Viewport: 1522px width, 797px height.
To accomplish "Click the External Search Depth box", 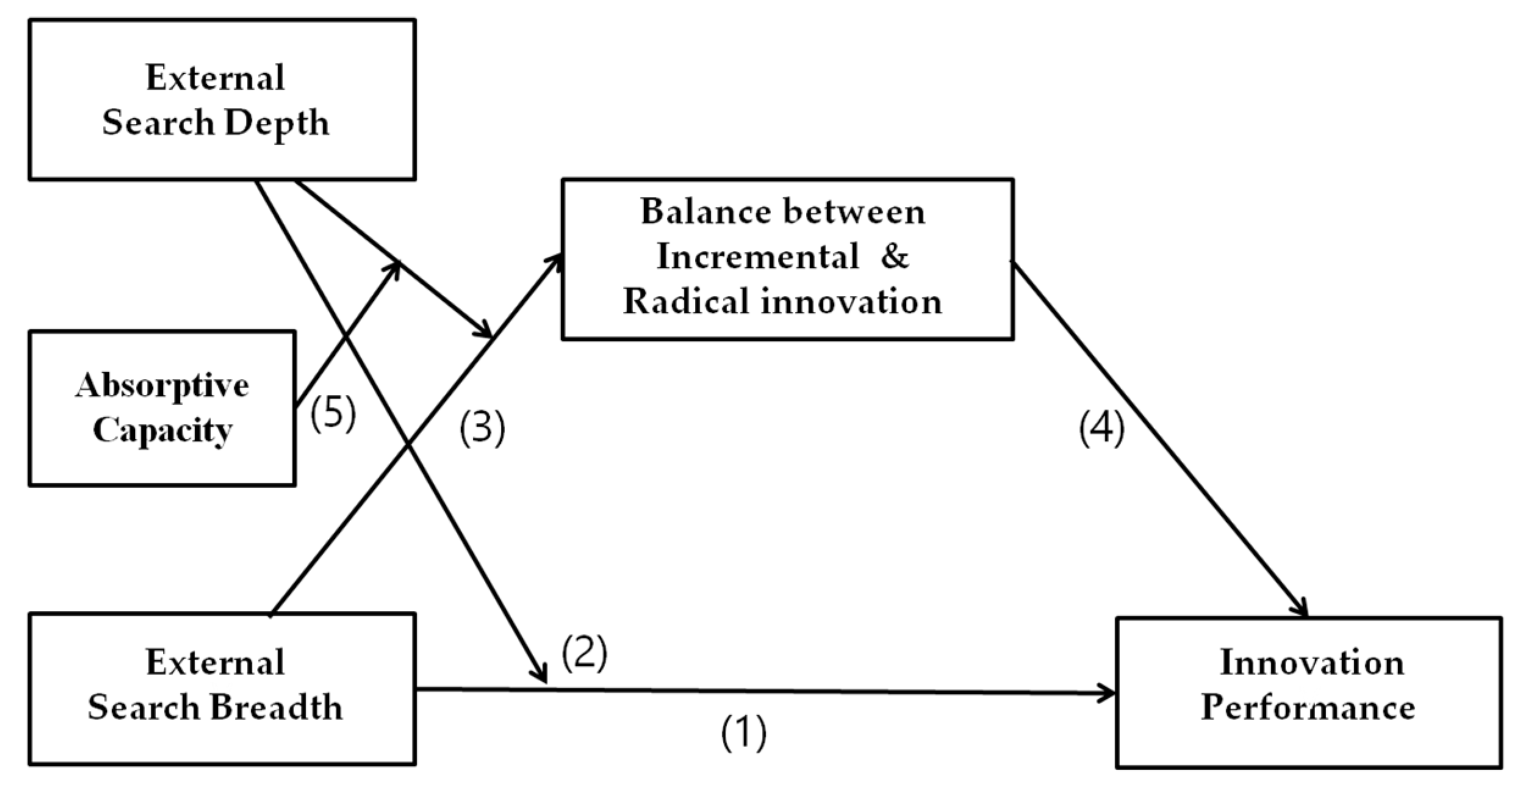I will pyautogui.click(x=222, y=99).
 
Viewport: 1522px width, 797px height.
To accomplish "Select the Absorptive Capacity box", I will pyautogui.click(x=162, y=408).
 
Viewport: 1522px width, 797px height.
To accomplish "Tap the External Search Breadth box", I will pyautogui.click(x=222, y=689).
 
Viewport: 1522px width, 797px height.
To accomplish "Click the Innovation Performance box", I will pyautogui.click(x=1308, y=693).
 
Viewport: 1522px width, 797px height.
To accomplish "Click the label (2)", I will pyautogui.click(x=584, y=654).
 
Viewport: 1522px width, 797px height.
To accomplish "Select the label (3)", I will pyautogui.click(x=482, y=428).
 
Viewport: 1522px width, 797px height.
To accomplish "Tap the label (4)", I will pyautogui.click(x=1102, y=428).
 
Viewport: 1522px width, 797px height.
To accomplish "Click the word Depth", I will pyautogui.click(x=276, y=123).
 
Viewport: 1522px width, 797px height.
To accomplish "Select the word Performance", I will pyautogui.click(x=1308, y=709).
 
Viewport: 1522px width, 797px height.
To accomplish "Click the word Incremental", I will pyautogui.click(x=757, y=256).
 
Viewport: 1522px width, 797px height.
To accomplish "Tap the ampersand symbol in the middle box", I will pyautogui.click(x=894, y=256).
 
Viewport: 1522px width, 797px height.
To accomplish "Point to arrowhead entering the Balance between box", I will pyautogui.click(x=555, y=261).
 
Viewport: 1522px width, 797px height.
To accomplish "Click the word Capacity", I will pyautogui.click(x=162, y=430).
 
